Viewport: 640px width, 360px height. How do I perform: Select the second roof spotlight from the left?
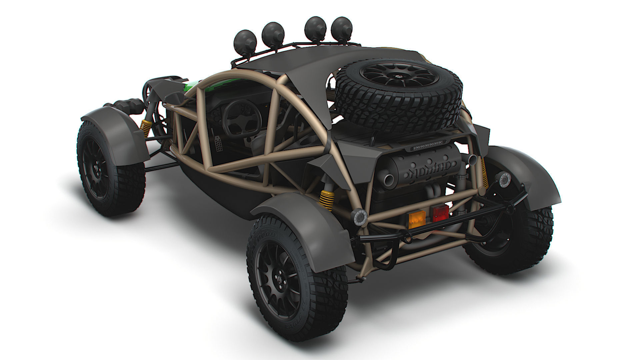pyautogui.click(x=273, y=33)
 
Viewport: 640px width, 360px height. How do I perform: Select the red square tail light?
pyautogui.click(x=439, y=212)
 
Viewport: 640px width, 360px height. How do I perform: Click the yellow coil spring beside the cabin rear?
pyautogui.click(x=326, y=200)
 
